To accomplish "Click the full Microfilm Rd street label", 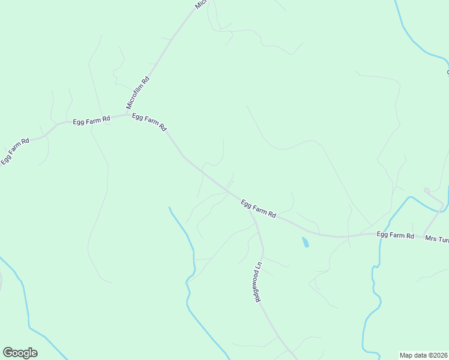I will point(137,93).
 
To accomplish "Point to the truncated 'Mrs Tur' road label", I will point(436,239).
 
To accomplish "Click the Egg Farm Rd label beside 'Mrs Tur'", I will point(396,235).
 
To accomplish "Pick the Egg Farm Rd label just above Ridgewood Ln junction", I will point(258,208).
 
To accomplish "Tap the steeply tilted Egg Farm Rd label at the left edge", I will point(15,151).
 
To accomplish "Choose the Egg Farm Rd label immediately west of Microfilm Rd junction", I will point(91,120).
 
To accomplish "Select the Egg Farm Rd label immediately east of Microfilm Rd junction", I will point(149,123).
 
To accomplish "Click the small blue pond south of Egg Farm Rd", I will point(305,242).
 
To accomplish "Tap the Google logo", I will point(20,353).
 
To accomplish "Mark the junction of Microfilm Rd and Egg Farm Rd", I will point(127,114).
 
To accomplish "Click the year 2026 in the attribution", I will point(439,355).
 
